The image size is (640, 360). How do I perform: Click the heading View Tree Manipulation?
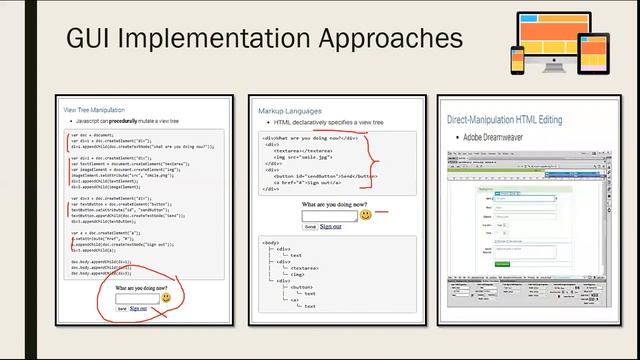click(x=97, y=110)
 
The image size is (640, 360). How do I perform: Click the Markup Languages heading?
click(x=290, y=111)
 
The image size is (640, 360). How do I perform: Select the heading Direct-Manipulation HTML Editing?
click(x=516, y=118)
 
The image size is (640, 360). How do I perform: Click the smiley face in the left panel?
click(x=165, y=298)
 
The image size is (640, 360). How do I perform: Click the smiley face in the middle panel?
click(x=366, y=215)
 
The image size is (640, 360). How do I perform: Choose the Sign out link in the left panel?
click(x=138, y=309)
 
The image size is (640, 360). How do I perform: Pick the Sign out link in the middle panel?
click(x=330, y=227)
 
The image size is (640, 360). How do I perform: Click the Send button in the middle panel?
click(x=310, y=227)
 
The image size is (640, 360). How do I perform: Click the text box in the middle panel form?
click(x=329, y=215)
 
